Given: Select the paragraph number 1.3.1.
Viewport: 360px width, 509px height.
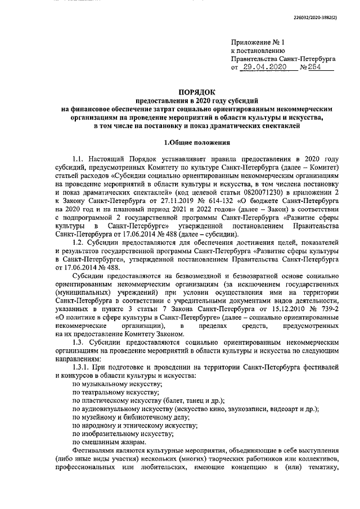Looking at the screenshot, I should tap(84, 367).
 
